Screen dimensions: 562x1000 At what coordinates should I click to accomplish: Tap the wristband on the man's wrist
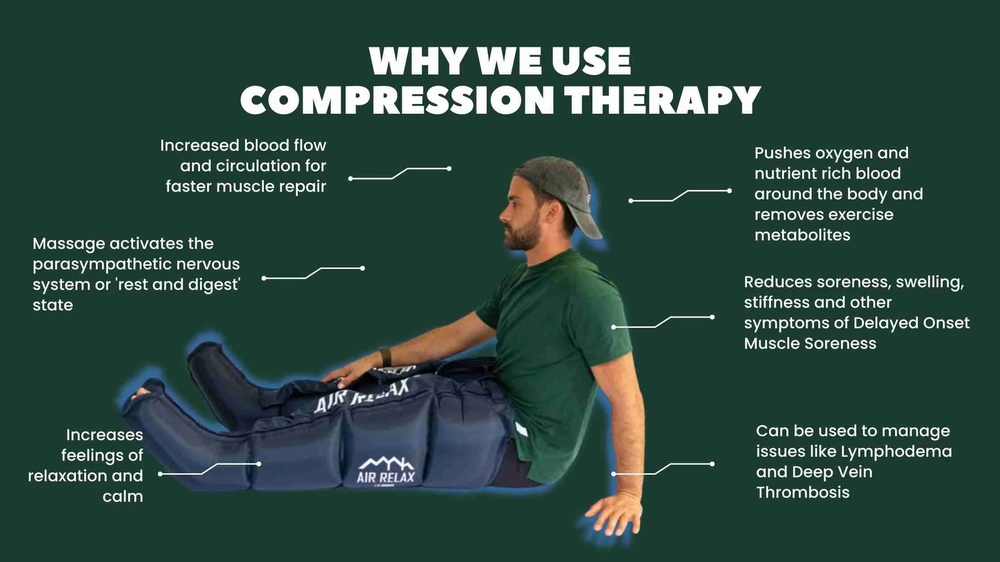pyautogui.click(x=385, y=355)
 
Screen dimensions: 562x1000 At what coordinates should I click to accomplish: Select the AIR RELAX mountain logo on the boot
pyautogui.click(x=386, y=471)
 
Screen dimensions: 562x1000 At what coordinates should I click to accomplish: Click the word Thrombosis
pyautogui.click(x=803, y=492)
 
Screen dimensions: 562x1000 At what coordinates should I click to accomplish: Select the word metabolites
pyautogui.click(x=802, y=235)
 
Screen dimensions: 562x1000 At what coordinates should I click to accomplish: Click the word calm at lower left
pyautogui.click(x=123, y=496)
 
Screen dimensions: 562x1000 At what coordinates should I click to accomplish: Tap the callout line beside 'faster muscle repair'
pyautogui.click(x=400, y=173)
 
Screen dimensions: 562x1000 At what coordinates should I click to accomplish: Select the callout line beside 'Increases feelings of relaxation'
pyautogui.click(x=210, y=468)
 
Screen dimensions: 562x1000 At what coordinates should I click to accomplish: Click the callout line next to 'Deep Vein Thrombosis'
pyautogui.click(x=663, y=468)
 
